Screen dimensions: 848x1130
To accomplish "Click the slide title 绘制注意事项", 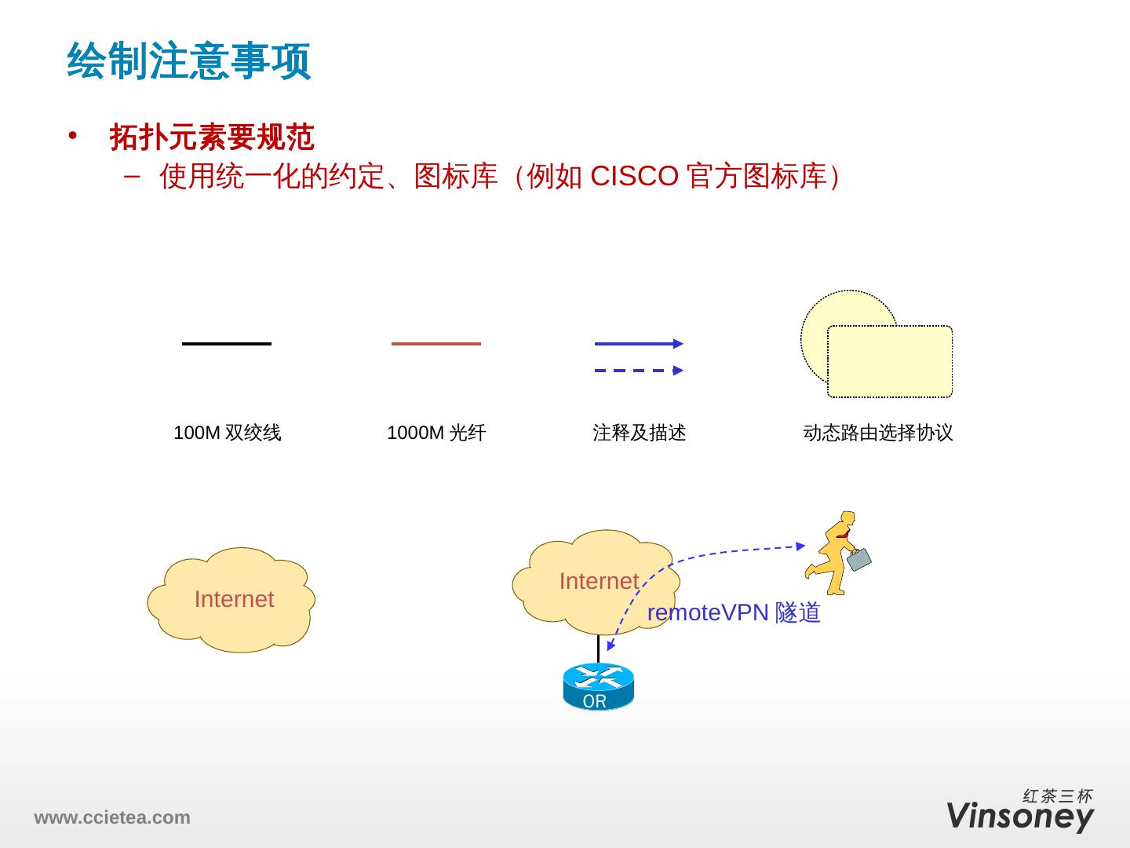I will pyautogui.click(x=189, y=61).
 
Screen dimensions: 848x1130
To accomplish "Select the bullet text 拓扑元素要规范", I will pyautogui.click(x=212, y=137).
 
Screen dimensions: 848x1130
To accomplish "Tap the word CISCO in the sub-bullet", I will pyautogui.click(x=633, y=177).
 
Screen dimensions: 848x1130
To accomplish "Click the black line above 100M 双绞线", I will pyautogui.click(x=226, y=344).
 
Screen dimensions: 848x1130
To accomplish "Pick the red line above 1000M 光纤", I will pyautogui.click(x=436, y=344).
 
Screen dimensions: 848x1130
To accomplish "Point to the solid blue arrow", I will pyautogui.click(x=638, y=343).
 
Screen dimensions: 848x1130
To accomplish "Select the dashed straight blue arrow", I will pyautogui.click(x=638, y=371).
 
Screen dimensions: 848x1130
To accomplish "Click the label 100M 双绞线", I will pyautogui.click(x=227, y=433).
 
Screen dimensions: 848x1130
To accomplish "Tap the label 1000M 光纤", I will pyautogui.click(x=436, y=433).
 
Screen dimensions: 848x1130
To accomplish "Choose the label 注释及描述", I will pyautogui.click(x=639, y=433).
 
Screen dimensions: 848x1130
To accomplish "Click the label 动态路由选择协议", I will pyautogui.click(x=877, y=433).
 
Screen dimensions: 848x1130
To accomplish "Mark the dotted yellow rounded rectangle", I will pyautogui.click(x=890, y=362).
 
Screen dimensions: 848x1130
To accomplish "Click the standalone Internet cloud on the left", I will pyautogui.click(x=231, y=600).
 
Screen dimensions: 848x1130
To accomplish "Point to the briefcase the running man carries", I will pyautogui.click(x=858, y=558).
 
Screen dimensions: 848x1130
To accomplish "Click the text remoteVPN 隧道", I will pyautogui.click(x=733, y=612).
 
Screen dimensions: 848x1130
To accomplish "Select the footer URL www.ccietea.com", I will pyautogui.click(x=111, y=817).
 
